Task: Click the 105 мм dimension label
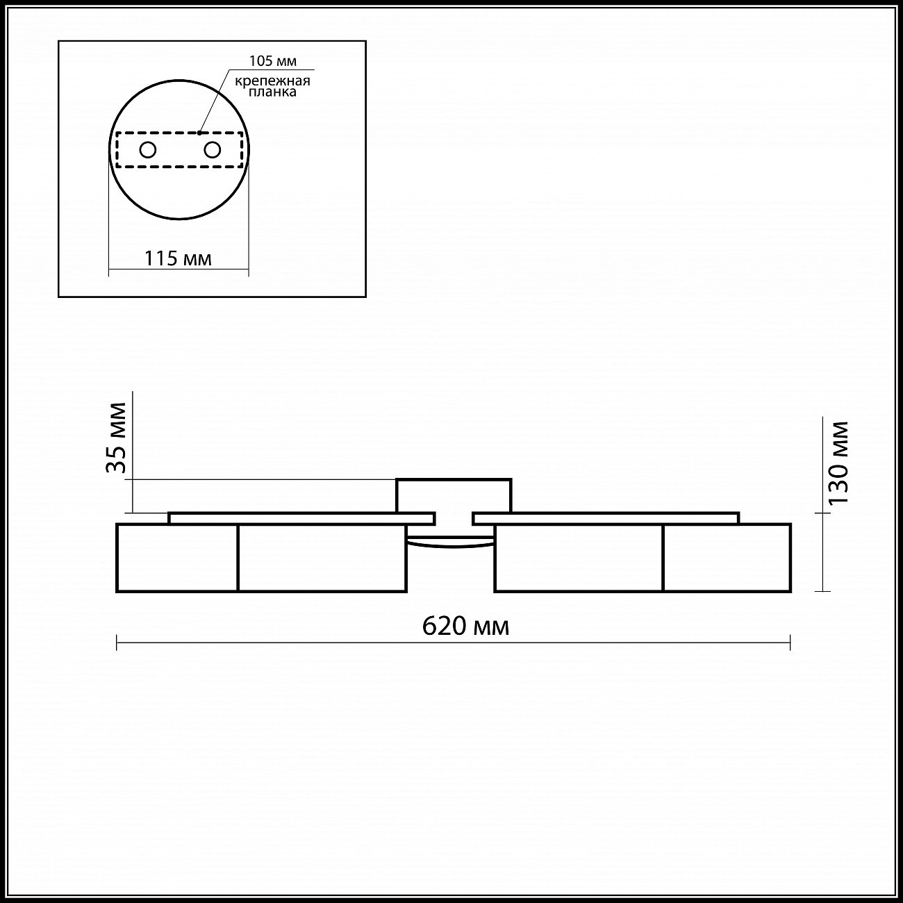click(x=273, y=61)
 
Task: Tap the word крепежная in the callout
click(x=273, y=81)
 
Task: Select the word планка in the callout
click(x=272, y=92)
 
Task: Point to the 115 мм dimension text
click(x=178, y=258)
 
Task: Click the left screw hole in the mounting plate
click(x=148, y=150)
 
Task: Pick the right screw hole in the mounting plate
click(x=213, y=150)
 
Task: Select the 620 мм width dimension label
click(x=465, y=626)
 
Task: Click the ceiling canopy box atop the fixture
click(x=454, y=495)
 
